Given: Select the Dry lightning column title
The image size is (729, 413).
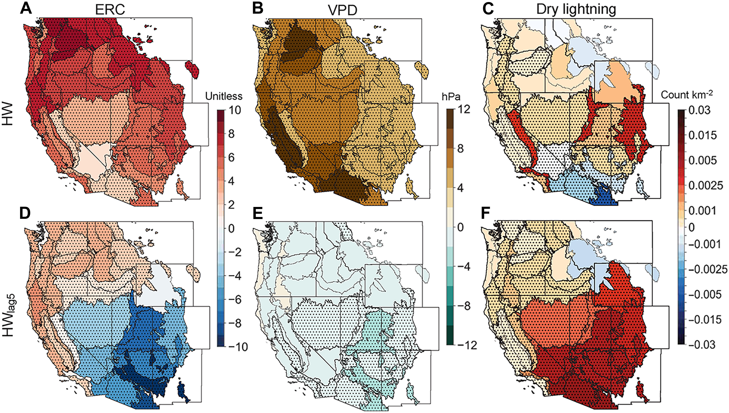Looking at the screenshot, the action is point(576,10).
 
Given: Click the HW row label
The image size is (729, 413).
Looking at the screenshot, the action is point(9,114).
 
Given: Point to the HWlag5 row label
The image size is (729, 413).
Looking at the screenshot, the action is point(10,313).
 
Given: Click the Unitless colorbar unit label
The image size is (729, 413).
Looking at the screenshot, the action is point(224,97).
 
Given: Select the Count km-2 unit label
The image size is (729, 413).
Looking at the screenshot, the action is point(687,95).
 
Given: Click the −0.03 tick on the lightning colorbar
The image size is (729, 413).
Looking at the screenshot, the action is point(702,345).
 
